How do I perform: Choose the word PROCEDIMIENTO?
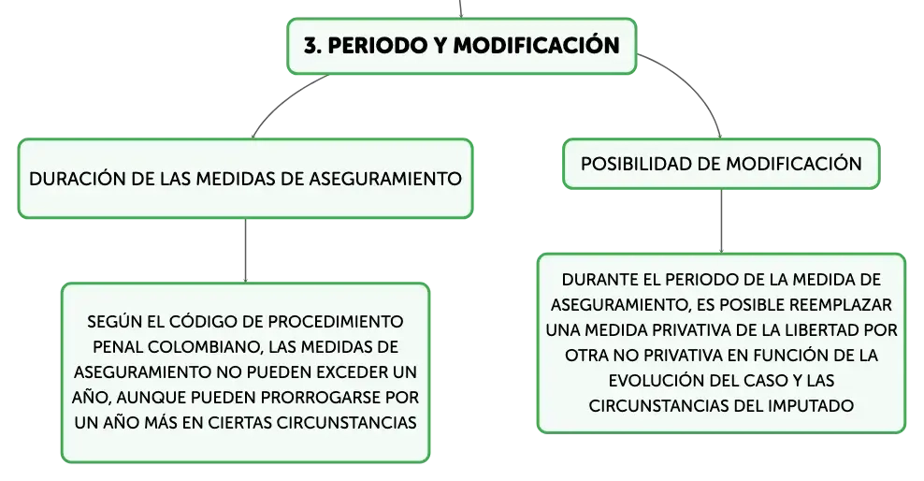(x=336, y=321)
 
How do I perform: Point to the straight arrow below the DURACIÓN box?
(x=245, y=251)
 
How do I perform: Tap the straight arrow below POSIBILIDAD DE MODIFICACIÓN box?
(x=721, y=222)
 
